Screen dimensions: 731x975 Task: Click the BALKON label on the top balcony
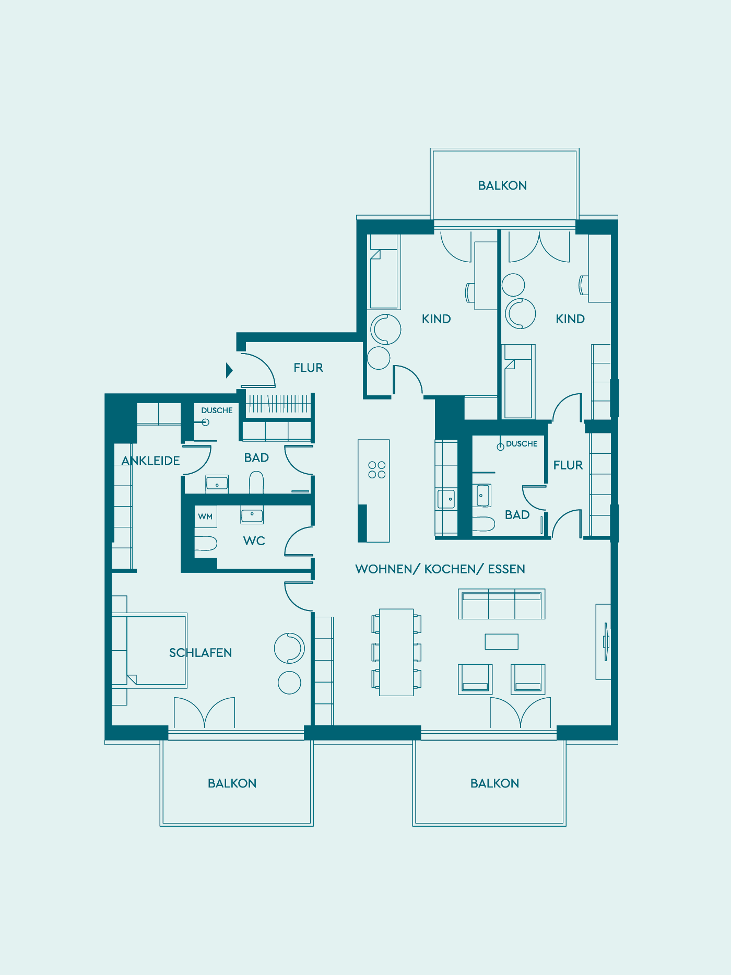click(502, 185)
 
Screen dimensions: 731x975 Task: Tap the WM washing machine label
click(205, 516)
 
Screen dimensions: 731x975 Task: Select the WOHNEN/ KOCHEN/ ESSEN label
click(440, 569)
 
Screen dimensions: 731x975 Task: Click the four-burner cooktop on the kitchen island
click(377, 469)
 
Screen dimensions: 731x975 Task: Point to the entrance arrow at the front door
click(229, 370)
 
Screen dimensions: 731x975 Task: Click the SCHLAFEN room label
click(201, 653)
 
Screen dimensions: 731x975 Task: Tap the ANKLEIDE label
click(151, 461)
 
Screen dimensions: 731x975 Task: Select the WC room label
click(254, 541)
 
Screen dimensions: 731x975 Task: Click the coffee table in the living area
click(502, 642)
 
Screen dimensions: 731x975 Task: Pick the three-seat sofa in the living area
click(502, 604)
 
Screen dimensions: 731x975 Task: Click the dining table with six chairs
click(397, 652)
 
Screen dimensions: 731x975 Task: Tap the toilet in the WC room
click(206, 543)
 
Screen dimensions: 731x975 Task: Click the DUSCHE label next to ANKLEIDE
click(217, 410)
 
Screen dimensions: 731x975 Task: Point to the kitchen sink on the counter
click(446, 499)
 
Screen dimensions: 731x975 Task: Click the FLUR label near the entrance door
click(309, 368)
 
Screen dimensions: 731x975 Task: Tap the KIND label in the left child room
click(437, 319)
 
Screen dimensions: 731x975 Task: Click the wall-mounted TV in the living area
click(606, 642)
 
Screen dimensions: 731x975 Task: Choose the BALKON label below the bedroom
click(232, 783)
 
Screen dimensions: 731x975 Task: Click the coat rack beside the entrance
click(278, 405)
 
